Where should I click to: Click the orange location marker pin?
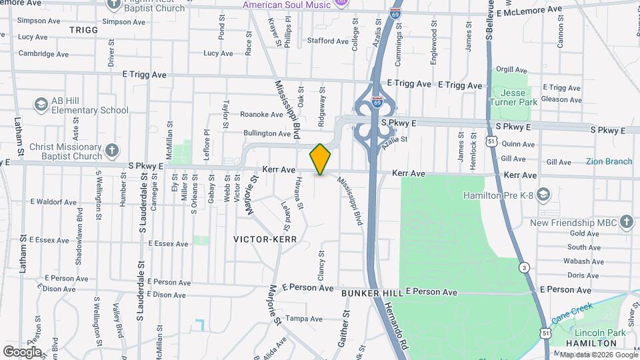321,159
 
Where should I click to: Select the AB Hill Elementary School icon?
41,105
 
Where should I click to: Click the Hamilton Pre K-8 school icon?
543,194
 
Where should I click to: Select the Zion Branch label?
609,161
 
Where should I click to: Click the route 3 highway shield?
525,267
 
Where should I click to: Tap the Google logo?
21,351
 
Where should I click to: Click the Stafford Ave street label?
327,41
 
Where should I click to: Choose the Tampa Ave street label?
304,319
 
